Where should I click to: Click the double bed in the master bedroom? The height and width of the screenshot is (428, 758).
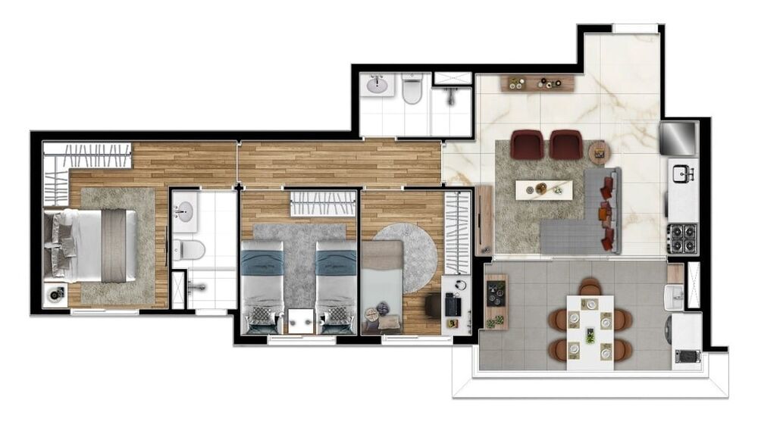[91, 245]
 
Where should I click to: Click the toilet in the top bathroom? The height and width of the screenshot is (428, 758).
[412, 90]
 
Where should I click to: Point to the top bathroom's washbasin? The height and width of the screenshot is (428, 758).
[377, 85]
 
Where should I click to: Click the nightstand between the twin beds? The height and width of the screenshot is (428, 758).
[299, 320]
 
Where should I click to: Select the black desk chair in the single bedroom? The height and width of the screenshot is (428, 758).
[434, 305]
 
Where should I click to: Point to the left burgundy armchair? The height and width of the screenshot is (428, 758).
[528, 144]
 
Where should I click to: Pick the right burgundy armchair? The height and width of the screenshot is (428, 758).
[566, 144]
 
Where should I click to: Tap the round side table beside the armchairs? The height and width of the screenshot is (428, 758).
[600, 153]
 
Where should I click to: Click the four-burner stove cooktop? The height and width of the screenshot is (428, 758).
[681, 238]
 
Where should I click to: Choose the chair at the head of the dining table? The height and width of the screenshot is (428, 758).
[590, 287]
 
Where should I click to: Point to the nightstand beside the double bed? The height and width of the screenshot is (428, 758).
[55, 295]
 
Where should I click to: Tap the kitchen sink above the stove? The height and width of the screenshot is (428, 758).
[684, 174]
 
